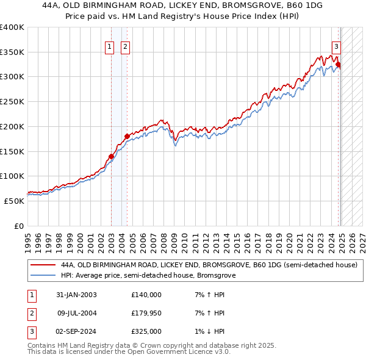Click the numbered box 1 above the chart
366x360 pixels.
[110, 47]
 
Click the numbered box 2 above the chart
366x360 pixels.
[125, 47]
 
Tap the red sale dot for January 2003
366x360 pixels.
[111, 156]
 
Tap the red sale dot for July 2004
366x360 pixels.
[127, 136]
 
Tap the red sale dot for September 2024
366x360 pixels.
[338, 65]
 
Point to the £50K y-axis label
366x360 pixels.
[14, 201]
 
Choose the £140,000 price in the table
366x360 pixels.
[146, 295]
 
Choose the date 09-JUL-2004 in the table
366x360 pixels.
[76, 313]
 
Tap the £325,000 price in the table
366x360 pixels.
[146, 331]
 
